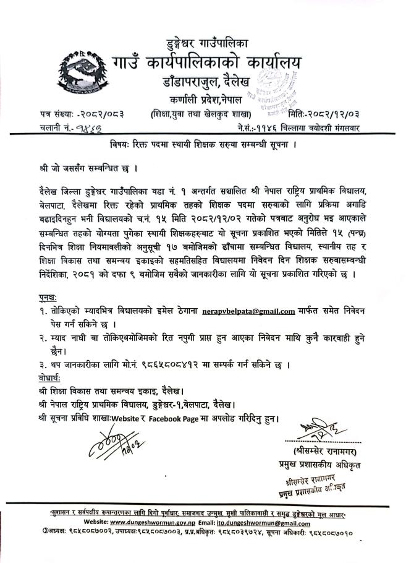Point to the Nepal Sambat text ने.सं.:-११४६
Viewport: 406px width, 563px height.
click(268, 128)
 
